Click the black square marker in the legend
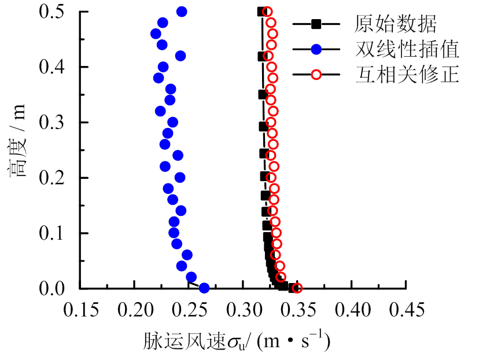[315, 24]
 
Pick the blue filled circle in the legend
[315, 50]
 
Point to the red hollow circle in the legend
[315, 75]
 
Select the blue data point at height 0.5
[182, 12]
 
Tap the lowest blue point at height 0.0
[204, 288]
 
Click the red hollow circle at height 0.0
[297, 288]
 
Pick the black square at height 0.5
[261, 12]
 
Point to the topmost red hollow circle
[267, 12]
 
